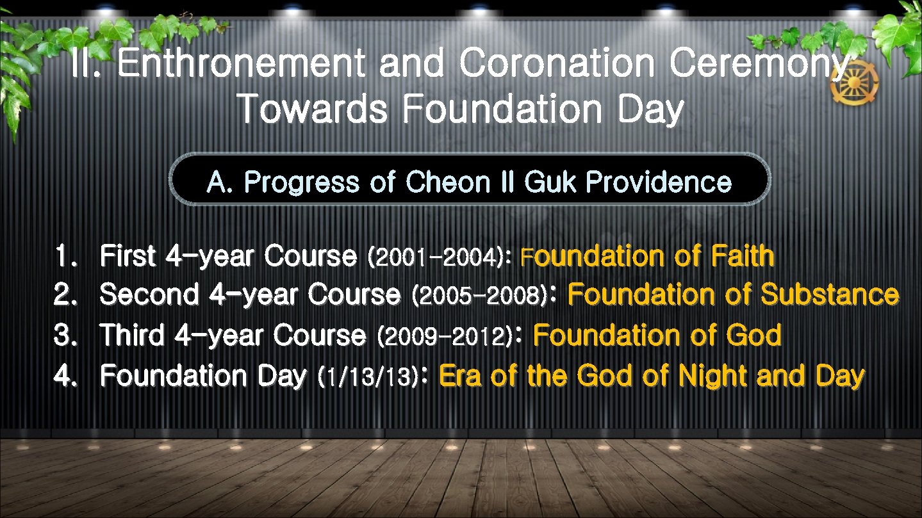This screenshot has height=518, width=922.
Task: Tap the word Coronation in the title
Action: [x=557, y=65]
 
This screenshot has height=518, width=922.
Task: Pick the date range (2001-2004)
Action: [x=437, y=257]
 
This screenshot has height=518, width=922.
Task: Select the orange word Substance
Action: [x=830, y=295]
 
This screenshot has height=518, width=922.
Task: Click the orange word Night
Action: [x=714, y=376]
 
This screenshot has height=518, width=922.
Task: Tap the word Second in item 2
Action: [x=149, y=295]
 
